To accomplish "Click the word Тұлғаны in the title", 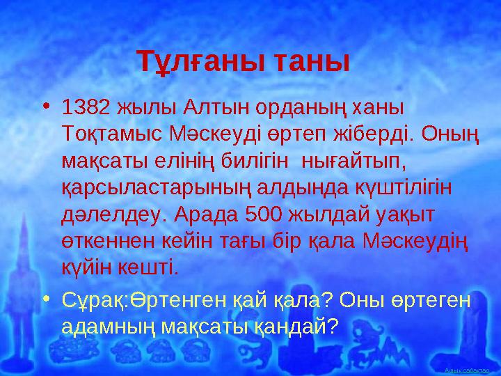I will point(193,61).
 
